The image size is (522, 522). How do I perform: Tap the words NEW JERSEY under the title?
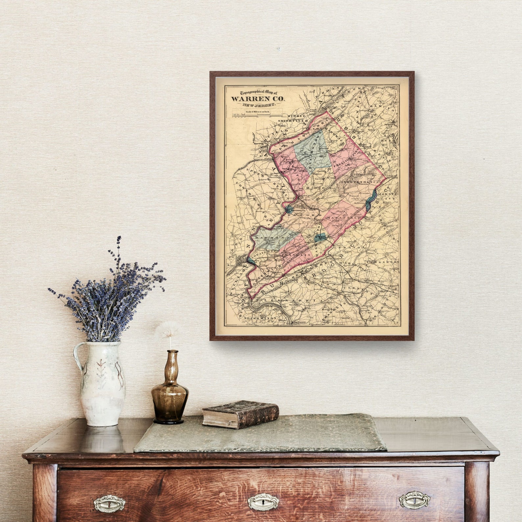pyautogui.click(x=259, y=105)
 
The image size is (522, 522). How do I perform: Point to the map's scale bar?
pyautogui.click(x=257, y=115)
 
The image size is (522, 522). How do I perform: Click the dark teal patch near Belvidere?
pyautogui.click(x=289, y=209)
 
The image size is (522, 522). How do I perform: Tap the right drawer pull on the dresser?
pyautogui.click(x=414, y=500)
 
